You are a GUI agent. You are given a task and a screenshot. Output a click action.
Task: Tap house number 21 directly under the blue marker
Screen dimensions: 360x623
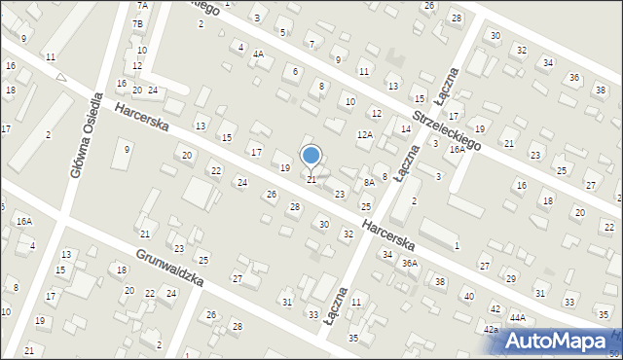311,180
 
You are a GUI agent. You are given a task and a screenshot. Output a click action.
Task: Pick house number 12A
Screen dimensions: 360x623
365,135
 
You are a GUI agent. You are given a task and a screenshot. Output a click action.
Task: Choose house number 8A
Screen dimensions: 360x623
369,182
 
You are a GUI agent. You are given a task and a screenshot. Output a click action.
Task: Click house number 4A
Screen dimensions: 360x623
258,54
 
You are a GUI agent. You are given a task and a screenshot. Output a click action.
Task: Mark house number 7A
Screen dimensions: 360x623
141,5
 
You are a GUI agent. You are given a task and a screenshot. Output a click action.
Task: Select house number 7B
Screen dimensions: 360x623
138,23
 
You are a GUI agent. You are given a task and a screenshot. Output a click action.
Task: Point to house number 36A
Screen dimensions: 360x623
410,263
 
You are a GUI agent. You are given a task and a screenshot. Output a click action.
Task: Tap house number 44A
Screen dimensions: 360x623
518,317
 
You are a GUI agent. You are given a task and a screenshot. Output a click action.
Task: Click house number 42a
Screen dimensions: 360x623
492,330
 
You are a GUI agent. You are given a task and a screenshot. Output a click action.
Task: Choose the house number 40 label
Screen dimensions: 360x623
468,296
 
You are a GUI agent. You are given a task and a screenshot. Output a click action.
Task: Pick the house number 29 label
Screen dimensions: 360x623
511,278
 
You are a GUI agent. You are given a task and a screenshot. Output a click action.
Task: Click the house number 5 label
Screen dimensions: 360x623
282,32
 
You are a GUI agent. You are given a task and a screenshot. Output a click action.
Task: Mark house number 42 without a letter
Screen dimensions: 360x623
495,308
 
